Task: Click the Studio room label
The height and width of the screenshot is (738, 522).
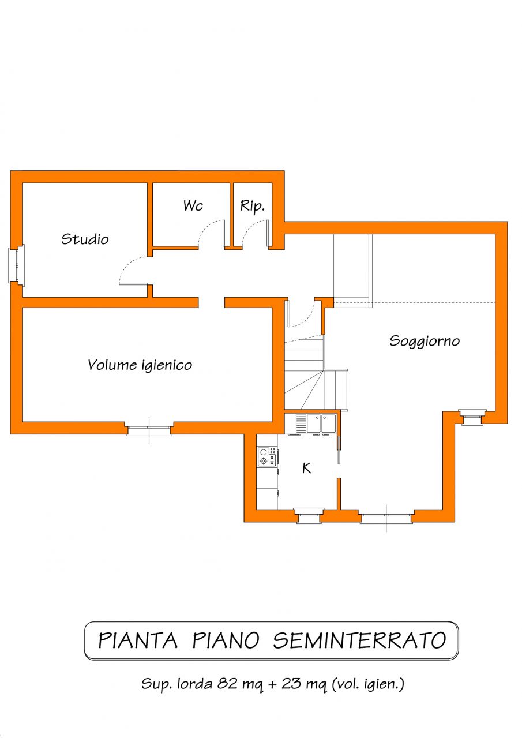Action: point(85,239)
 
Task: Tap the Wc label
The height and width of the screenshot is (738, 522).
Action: point(193,205)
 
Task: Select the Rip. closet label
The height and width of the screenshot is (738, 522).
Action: point(252,207)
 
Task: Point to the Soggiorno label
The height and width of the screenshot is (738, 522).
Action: point(425,342)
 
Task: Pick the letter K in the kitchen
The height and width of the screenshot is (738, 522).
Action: point(307,468)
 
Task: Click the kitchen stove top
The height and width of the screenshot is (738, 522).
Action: point(267,456)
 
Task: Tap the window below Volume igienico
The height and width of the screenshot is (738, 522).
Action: point(149,429)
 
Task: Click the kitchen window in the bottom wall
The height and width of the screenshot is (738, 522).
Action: point(309,515)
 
